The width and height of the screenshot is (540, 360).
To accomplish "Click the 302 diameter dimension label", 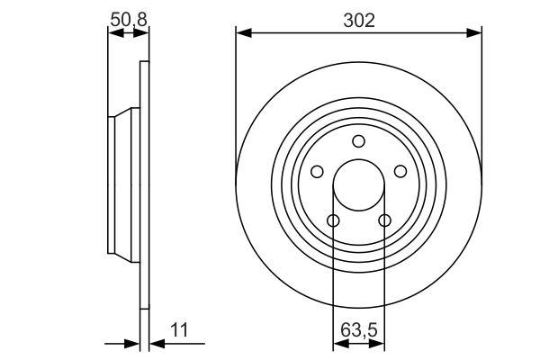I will click(359, 17).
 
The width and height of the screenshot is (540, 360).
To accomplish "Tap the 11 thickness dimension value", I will click(181, 330).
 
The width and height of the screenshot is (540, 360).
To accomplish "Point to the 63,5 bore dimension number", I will click(358, 329).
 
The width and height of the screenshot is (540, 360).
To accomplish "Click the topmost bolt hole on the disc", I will click(358, 140).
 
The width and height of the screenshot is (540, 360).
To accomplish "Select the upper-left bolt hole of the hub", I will click(317, 171).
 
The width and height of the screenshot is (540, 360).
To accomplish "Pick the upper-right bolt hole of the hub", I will click(400, 171).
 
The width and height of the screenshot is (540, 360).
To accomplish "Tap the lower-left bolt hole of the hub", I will click(333, 220).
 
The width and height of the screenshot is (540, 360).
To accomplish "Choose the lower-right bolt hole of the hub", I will click(384, 220).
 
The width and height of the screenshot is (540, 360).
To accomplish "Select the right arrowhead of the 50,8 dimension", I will click(142, 33).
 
